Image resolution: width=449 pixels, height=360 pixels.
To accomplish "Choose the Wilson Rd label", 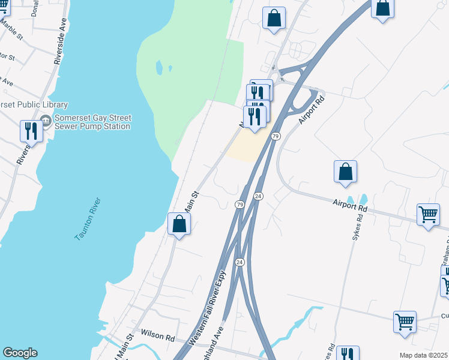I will [x=157, y=334].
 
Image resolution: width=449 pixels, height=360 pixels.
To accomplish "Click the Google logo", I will [x=20, y=353].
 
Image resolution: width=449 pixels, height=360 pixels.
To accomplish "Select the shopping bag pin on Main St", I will [x=179, y=224].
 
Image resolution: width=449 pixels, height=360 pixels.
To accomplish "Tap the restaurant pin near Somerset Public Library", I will [x=31, y=131].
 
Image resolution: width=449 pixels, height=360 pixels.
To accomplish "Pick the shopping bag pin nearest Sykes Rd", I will [x=345, y=172].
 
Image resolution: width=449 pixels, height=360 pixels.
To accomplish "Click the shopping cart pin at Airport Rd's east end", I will [x=428, y=214].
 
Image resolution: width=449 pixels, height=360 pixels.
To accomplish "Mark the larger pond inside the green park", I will [x=159, y=67].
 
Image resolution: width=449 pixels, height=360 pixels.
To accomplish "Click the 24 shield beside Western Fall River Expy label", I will [x=240, y=262].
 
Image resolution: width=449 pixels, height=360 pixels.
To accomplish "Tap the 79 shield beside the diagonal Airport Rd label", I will [x=275, y=136].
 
